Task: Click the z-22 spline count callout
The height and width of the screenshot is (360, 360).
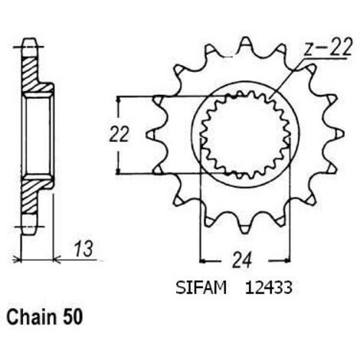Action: click(329, 47)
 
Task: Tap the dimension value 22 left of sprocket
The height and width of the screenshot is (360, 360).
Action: click(119, 134)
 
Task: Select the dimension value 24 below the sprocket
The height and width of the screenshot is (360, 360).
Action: click(242, 260)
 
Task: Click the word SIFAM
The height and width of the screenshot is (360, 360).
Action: click(201, 288)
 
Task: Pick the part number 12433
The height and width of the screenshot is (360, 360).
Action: click(269, 288)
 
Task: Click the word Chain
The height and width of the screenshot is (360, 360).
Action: click(31, 317)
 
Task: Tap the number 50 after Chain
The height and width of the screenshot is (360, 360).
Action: click(73, 317)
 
